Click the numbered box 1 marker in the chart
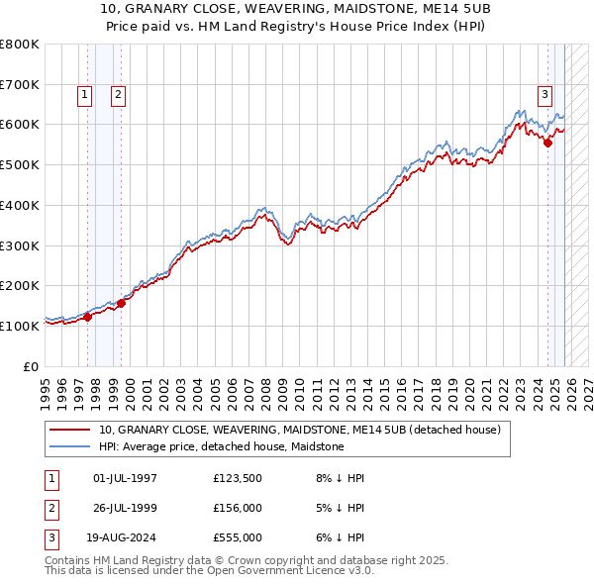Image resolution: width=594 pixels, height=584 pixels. [x=84, y=95]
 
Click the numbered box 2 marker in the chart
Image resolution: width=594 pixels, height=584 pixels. [x=118, y=95]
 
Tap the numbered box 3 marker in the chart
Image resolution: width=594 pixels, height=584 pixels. [x=544, y=95]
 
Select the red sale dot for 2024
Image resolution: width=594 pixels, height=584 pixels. [x=547, y=143]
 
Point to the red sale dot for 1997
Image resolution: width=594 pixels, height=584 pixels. [x=87, y=317]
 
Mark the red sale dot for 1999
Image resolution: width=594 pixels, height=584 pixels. [x=122, y=303]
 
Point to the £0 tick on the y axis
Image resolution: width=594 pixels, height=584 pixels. [x=31, y=366]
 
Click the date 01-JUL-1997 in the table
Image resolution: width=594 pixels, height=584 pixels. [x=125, y=478]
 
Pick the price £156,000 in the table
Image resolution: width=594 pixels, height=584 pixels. [x=237, y=508]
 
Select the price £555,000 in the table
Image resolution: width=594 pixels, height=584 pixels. [x=237, y=537]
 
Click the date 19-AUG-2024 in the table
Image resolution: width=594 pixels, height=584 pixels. [x=126, y=537]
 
